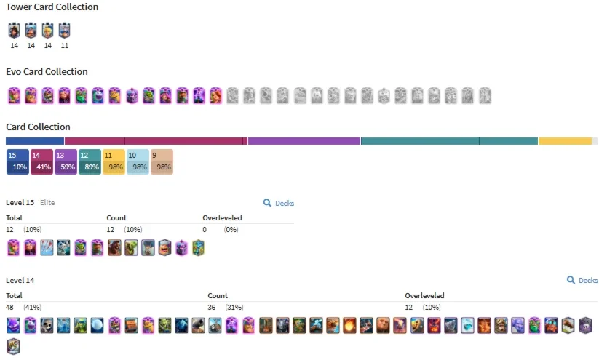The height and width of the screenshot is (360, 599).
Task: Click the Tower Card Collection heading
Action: tap(52, 7)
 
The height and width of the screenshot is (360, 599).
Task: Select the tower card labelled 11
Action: tap(64, 31)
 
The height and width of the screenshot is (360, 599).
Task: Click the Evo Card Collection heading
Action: tap(47, 72)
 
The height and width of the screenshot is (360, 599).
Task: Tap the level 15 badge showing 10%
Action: tap(17, 162)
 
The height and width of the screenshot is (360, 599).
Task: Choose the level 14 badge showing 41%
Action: tap(41, 162)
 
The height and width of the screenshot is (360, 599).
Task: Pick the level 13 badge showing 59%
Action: tap(66, 162)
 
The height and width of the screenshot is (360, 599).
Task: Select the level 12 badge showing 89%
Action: tap(90, 162)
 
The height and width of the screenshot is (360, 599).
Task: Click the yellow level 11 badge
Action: tap(114, 162)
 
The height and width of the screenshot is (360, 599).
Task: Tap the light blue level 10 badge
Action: tap(138, 162)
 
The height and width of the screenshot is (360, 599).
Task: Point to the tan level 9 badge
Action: tap(162, 162)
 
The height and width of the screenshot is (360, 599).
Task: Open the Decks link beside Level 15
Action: tap(279, 203)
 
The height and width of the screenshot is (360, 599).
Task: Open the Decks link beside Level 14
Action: tap(582, 280)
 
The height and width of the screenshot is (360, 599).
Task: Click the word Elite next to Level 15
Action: tap(47, 203)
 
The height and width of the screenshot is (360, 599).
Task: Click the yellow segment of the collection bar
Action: tap(565, 141)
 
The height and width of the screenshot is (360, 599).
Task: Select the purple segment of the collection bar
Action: tap(304, 141)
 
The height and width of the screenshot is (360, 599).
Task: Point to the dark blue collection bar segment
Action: tap(35, 141)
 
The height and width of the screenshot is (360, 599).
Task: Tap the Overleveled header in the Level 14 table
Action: tap(424, 295)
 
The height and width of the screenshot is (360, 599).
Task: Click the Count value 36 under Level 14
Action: tap(212, 308)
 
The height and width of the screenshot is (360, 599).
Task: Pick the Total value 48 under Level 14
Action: tap(9, 308)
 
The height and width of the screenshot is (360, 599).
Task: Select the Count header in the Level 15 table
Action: tap(116, 217)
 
